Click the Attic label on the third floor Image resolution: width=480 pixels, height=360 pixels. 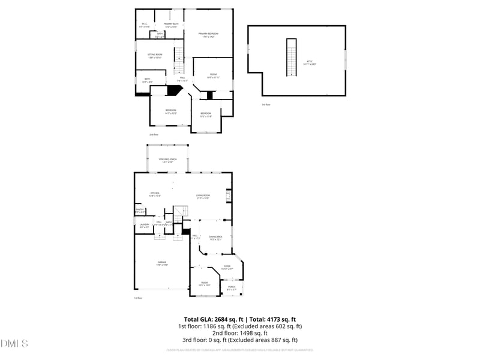[x=310, y=62]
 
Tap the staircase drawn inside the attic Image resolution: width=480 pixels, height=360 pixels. [x=292, y=56]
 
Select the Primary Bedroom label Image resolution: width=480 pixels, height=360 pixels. [x=208, y=35]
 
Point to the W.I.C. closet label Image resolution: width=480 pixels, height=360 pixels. [x=145, y=25]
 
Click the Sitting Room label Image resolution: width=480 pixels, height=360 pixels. [x=155, y=56]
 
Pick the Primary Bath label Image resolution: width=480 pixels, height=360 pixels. [x=171, y=25]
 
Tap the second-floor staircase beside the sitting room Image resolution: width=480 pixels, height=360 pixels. [x=178, y=59]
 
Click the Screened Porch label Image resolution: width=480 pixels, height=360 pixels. [x=166, y=161]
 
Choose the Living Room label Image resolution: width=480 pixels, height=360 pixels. [x=203, y=196]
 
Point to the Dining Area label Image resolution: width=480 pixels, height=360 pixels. [x=215, y=238]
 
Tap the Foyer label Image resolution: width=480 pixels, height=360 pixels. [x=227, y=267]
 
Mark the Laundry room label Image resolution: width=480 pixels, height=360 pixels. [x=145, y=226]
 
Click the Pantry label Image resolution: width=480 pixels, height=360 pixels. [x=139, y=211]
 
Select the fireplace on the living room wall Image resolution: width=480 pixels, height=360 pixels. [x=228, y=196]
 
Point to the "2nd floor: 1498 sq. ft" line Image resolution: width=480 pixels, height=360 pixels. [x=240, y=333]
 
